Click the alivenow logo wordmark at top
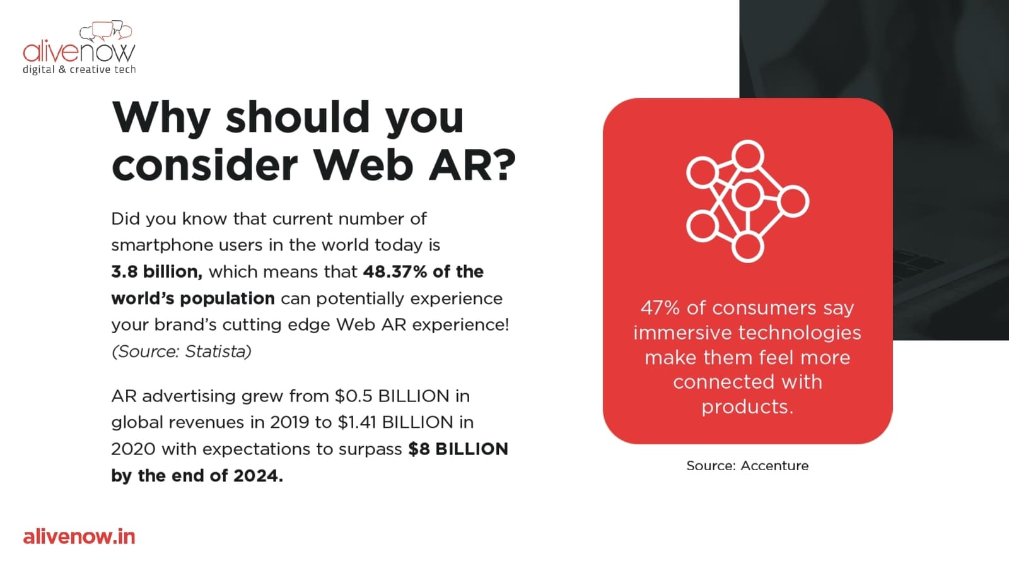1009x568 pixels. pyautogui.click(x=79, y=52)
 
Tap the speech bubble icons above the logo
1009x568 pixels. pyautogui.click(x=106, y=31)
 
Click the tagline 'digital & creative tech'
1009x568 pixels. pyautogui.click(x=79, y=70)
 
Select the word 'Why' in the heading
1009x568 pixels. pyautogui.click(x=161, y=119)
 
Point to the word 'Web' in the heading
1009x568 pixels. pyautogui.click(x=363, y=165)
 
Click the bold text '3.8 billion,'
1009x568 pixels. pyautogui.click(x=157, y=272)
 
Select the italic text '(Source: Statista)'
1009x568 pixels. pyautogui.click(x=181, y=352)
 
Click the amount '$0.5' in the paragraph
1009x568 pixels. pyautogui.click(x=354, y=396)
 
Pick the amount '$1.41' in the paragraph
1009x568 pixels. pyautogui.click(x=357, y=422)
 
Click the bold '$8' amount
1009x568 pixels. pyautogui.click(x=419, y=449)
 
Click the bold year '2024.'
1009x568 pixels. pyautogui.click(x=258, y=476)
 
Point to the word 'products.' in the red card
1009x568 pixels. pyautogui.click(x=747, y=408)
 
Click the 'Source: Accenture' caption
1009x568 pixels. pyautogui.click(x=747, y=466)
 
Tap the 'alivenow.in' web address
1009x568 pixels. pyautogui.click(x=79, y=537)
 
